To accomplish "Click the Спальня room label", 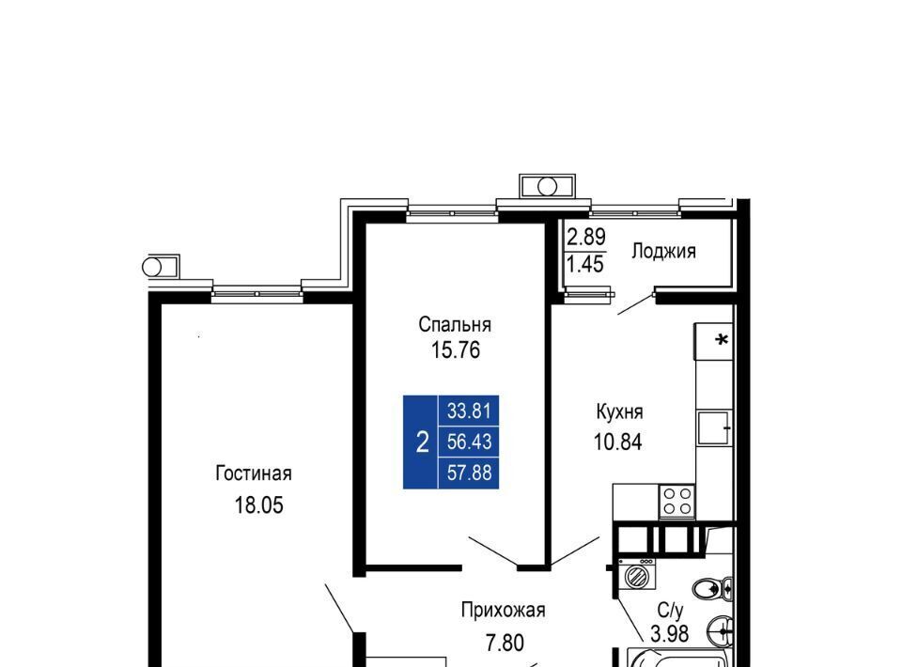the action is pos(455,325).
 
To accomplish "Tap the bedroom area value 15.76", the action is pos(456,350).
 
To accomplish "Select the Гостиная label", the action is pos(254,473).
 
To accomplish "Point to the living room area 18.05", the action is pos(259,505).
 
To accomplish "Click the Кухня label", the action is pos(619,411).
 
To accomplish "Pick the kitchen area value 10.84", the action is pos(618,442).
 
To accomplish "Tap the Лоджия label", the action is pos(664,251).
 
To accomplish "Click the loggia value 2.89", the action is pos(586,237).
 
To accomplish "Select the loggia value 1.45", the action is pos(585,265).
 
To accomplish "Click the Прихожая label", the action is pos(504,610).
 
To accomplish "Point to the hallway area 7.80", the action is pos(505,643).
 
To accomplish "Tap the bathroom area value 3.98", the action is pos(670,633).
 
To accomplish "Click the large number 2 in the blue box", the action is pos(422,442).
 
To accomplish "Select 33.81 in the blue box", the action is pos(470,411).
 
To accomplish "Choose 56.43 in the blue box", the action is pos(470,442).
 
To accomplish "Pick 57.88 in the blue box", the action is pos(470,473).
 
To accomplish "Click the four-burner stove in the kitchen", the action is pos(676,501).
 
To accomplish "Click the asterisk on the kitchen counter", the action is pos(722,340).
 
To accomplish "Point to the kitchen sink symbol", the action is pos(714,427).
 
